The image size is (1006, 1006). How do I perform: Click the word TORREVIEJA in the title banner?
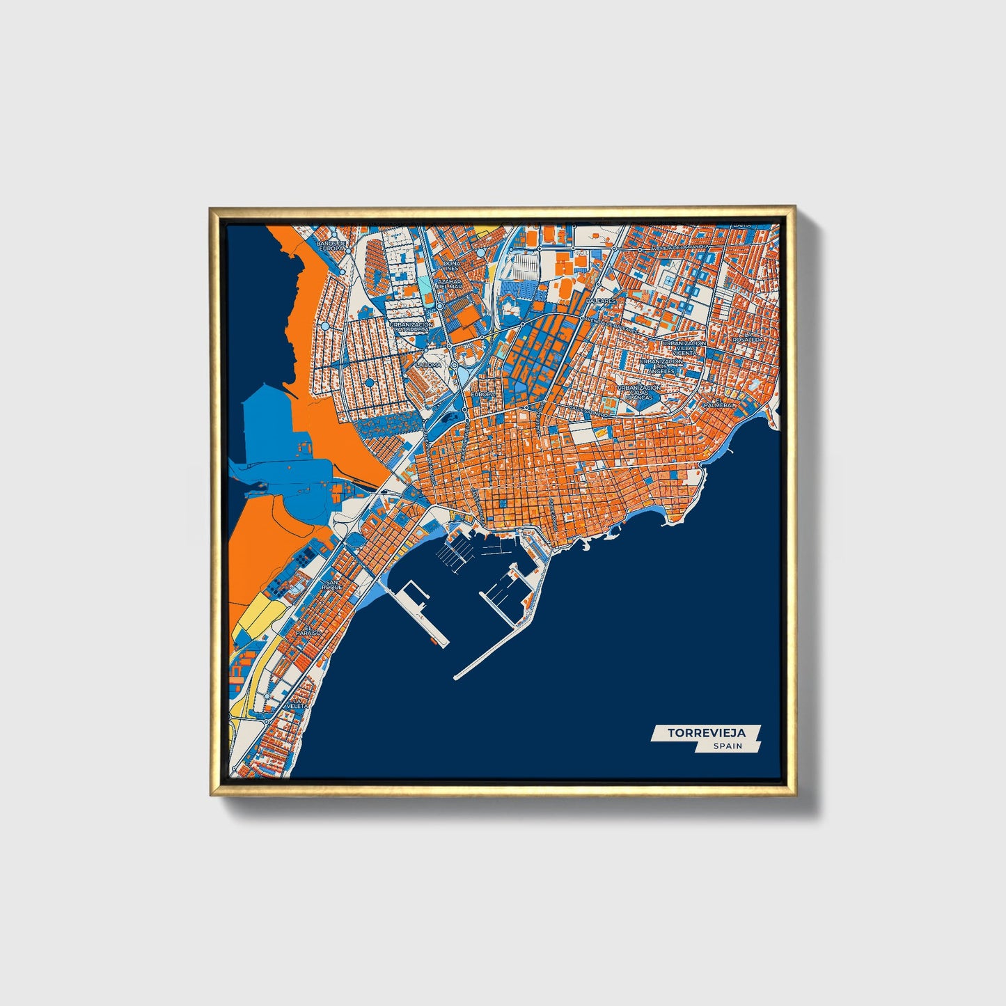click(705, 732)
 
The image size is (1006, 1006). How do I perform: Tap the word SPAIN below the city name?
click(727, 746)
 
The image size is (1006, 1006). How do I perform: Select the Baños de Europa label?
click(331, 246)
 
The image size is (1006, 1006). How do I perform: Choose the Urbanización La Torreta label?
click(412, 327)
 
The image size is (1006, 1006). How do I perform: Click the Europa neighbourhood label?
click(482, 394)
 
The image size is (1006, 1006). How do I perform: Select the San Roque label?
click(333, 585)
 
